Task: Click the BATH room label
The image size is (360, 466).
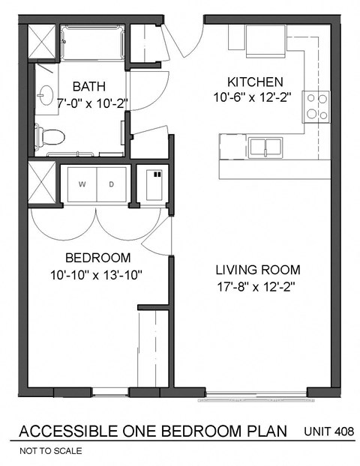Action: (88, 86)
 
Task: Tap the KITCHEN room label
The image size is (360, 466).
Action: (255, 82)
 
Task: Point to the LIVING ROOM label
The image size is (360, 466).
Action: (258, 270)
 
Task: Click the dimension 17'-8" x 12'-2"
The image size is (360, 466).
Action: (258, 286)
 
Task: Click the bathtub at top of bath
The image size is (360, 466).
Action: (92, 42)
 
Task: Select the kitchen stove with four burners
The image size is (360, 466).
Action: (316, 106)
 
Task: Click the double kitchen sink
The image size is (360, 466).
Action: (266, 146)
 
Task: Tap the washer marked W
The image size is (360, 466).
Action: (82, 184)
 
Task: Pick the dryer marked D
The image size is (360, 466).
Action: (112, 184)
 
